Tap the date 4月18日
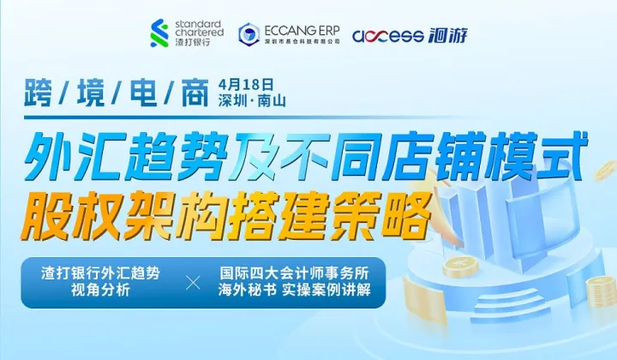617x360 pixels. [x=246, y=84]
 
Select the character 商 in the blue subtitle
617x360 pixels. [x=194, y=93]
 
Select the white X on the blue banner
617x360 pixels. [x=194, y=282]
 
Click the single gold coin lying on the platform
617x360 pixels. [x=463, y=269]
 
